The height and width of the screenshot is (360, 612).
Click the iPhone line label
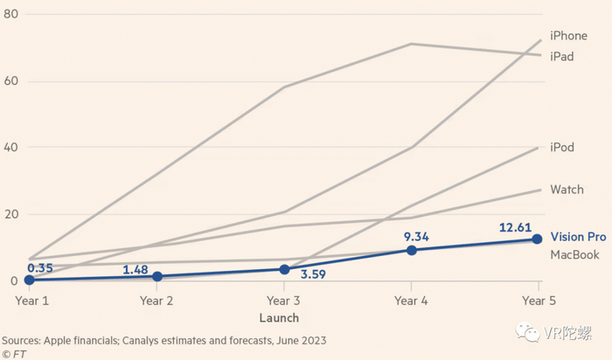click(568, 36)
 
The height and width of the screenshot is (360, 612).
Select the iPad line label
click(562, 55)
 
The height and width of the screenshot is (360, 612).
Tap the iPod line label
click(562, 147)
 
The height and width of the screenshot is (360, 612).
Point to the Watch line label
click(566, 189)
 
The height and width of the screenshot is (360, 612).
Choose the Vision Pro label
click(578, 237)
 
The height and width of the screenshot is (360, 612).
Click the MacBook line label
click(575, 254)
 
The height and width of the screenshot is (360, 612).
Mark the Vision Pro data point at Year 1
click(29, 280)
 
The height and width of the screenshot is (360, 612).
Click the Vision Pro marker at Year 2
click(156, 276)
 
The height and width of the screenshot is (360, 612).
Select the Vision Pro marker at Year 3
click(284, 269)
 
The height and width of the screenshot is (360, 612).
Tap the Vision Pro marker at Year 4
click(411, 250)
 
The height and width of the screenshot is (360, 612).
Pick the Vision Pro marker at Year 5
click(538, 239)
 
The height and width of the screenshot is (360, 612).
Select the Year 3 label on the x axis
click(284, 300)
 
